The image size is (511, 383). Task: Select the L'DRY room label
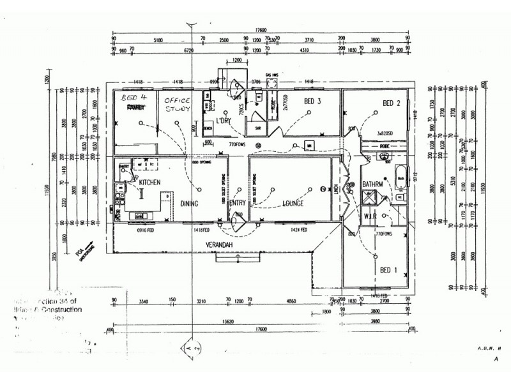tap(223, 121)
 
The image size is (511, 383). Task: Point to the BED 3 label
tap(312, 102)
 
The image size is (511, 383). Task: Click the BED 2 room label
tap(391, 103)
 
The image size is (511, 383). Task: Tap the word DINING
tap(190, 204)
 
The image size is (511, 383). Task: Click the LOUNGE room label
tap(293, 204)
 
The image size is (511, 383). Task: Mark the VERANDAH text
tap(217, 245)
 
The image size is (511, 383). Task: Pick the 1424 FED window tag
tap(299, 229)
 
